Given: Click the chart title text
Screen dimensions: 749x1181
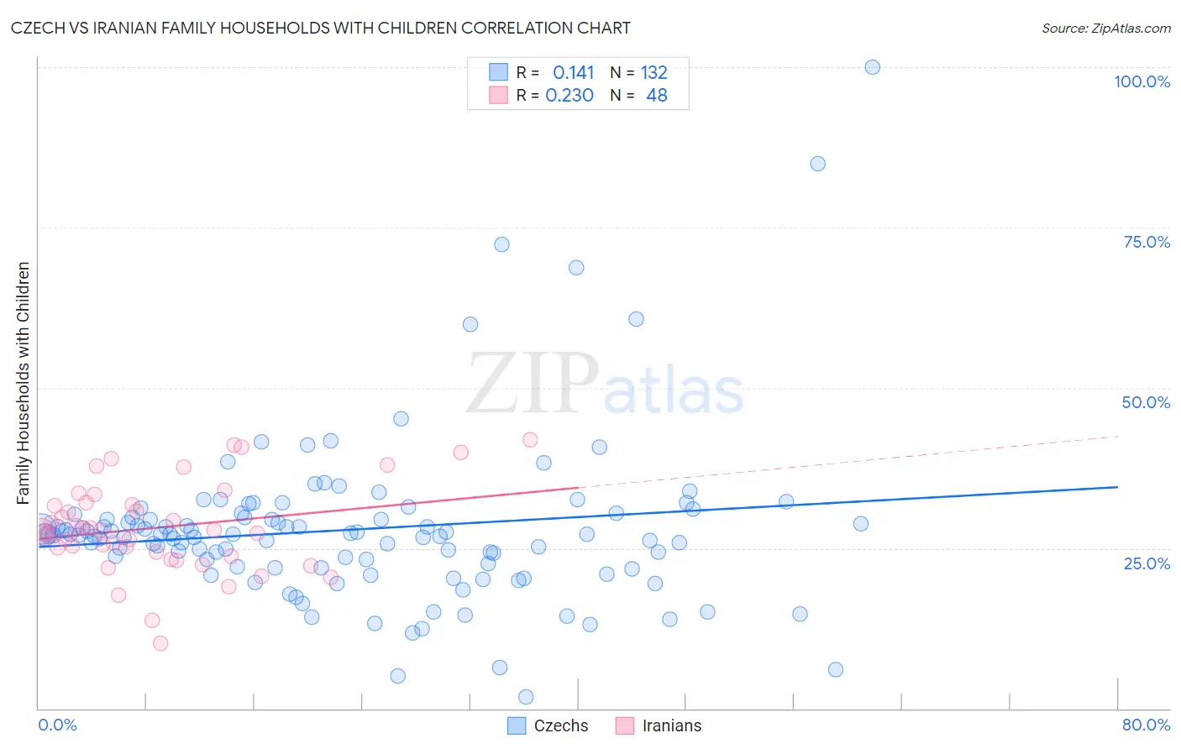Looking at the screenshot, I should (x=320, y=28).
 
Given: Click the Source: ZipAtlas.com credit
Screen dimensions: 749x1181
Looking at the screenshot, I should (x=1105, y=28).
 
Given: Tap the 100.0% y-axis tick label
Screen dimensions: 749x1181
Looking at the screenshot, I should (x=1142, y=81).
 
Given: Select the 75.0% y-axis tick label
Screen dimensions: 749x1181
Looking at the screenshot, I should (x=1147, y=242).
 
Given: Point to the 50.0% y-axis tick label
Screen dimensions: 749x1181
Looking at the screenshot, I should (x=1146, y=402).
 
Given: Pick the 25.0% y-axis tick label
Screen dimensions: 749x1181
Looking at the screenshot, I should (x=1147, y=563).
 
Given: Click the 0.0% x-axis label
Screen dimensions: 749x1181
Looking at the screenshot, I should (x=57, y=725).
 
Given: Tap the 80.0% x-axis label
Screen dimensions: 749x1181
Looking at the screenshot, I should (x=1146, y=725).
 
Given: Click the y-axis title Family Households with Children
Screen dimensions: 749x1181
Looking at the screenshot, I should (x=23, y=383).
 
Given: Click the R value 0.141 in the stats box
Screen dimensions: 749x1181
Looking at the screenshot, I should (x=573, y=72).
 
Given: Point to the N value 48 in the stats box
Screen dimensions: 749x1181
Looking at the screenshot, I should (x=656, y=96).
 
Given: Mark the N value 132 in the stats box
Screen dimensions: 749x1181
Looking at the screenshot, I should (x=653, y=72).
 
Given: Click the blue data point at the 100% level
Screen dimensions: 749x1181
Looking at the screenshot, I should (x=872, y=67).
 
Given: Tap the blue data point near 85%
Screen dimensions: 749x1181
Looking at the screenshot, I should (x=817, y=164).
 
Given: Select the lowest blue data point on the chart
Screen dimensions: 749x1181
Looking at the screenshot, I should (x=526, y=697).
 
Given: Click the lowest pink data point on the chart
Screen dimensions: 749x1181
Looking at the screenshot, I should (x=160, y=643).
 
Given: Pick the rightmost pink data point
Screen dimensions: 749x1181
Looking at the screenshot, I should (x=530, y=440).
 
